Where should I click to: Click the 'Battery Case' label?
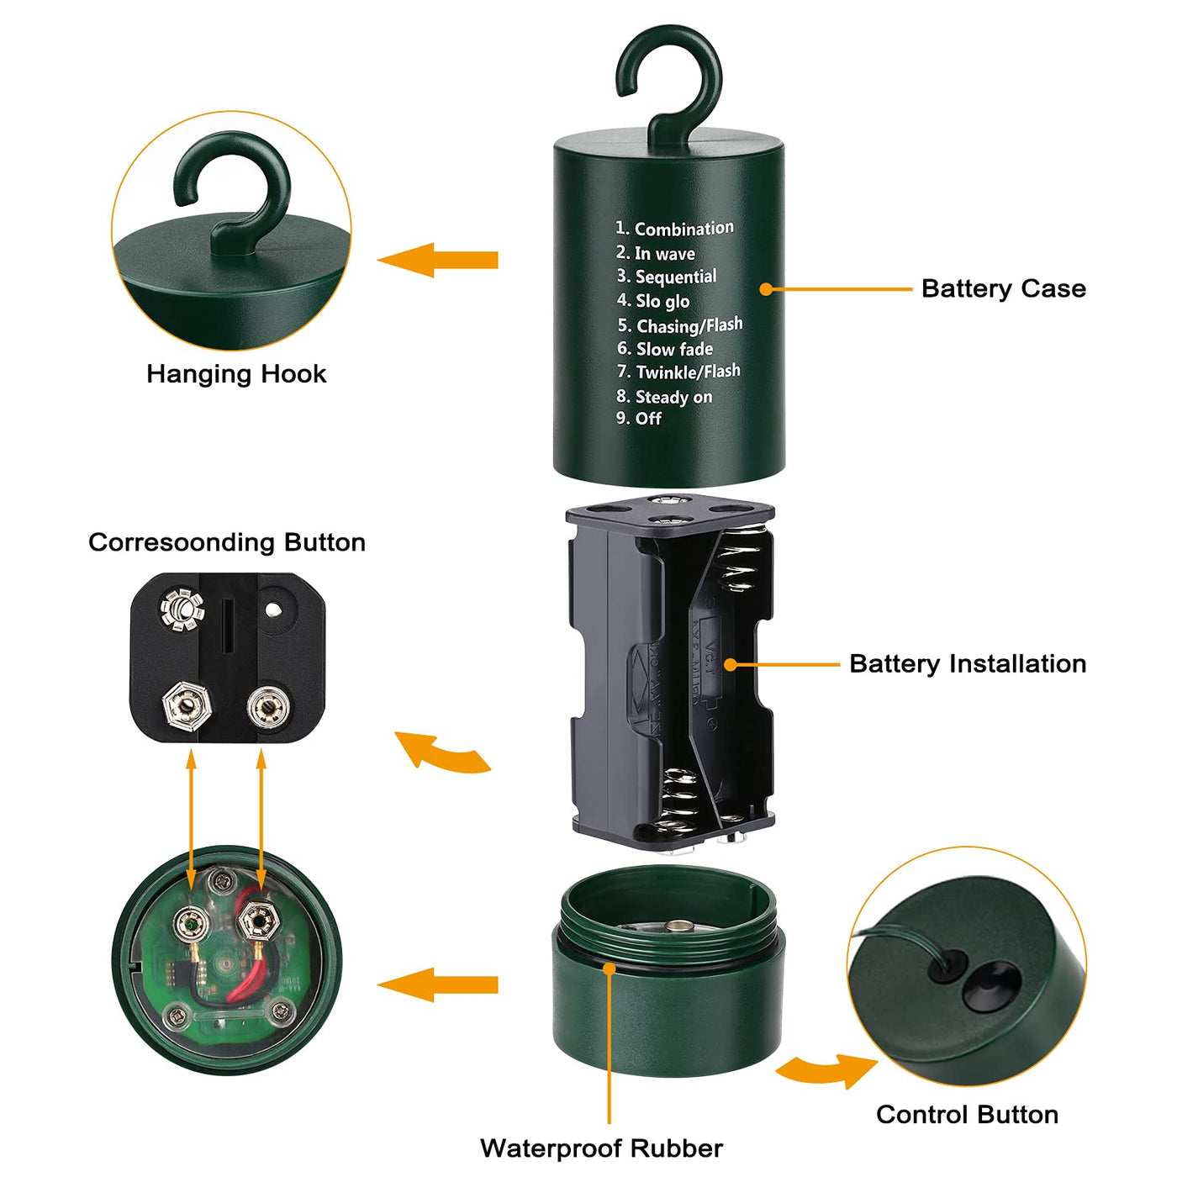pyautogui.click(x=1003, y=288)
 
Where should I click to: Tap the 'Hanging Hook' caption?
pyautogui.click(x=236, y=374)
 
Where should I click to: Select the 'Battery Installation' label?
pyautogui.click(x=967, y=663)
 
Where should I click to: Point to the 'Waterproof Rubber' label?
pyautogui.click(x=601, y=1148)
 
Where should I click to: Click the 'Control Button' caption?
pyautogui.click(x=967, y=1114)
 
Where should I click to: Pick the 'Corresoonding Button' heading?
pyautogui.click(x=227, y=542)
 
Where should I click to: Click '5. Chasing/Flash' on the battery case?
pyautogui.click(x=680, y=325)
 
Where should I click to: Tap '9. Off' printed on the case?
pyautogui.click(x=639, y=419)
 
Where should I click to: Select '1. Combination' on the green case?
pyautogui.click(x=674, y=229)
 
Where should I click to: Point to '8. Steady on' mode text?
pyautogui.click(x=664, y=396)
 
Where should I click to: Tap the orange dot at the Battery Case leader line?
pyautogui.click(x=765, y=289)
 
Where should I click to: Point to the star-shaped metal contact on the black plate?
pyautogui.click(x=182, y=610)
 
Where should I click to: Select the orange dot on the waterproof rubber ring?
pyautogui.click(x=610, y=969)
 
